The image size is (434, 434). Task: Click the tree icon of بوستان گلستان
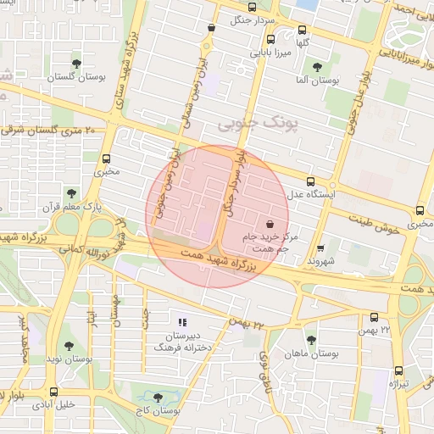(x=77, y=64)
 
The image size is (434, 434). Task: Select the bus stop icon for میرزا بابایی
(x=270, y=39)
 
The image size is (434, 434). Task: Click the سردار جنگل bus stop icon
(x=211, y=27)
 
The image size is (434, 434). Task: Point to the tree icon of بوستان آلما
(x=317, y=66)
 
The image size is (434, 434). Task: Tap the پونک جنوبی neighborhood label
(x=258, y=124)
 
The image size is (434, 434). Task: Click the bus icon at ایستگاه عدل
(x=310, y=181)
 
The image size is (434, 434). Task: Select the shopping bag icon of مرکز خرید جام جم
(x=270, y=225)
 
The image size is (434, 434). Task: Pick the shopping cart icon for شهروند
(x=320, y=248)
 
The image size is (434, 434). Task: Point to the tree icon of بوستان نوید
(x=69, y=346)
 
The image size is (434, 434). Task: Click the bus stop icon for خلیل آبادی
(x=54, y=391)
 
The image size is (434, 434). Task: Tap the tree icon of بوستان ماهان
(x=311, y=339)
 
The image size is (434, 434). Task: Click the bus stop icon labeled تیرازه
(x=398, y=370)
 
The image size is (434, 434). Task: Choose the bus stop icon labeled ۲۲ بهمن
(x=374, y=317)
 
